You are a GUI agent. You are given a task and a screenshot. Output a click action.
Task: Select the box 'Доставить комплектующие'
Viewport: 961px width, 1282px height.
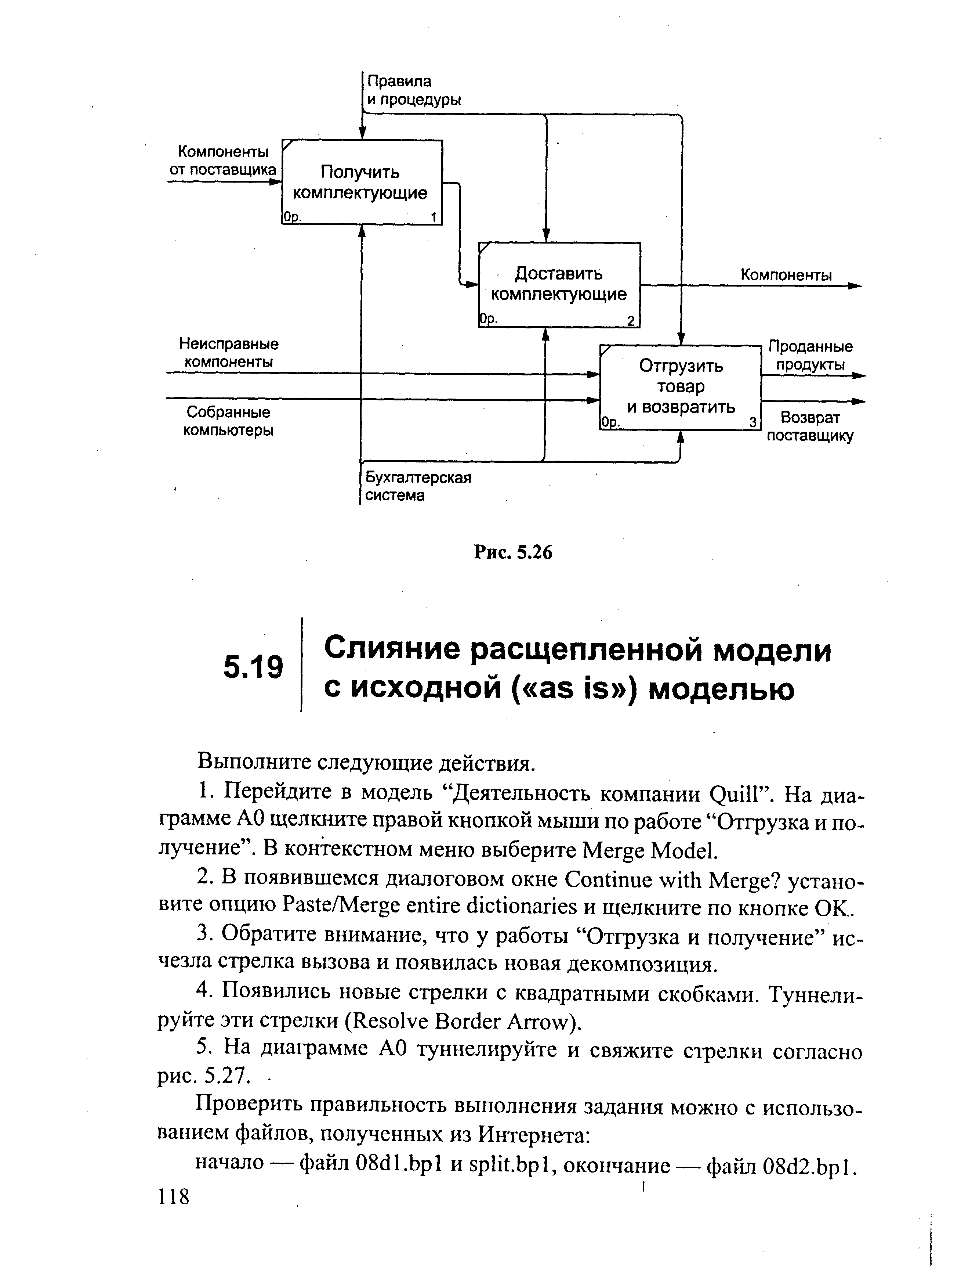(559, 284)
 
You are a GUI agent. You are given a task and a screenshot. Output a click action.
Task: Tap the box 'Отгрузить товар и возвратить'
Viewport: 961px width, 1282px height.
(680, 386)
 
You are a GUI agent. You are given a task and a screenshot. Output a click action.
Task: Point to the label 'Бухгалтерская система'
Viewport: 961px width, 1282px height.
(417, 486)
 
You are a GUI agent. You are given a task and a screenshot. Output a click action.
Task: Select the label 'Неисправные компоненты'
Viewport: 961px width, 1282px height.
(229, 353)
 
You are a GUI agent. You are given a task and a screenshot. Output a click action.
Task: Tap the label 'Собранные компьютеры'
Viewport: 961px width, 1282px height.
(228, 421)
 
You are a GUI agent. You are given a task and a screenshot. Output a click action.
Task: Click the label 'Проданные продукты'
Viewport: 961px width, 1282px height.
(810, 355)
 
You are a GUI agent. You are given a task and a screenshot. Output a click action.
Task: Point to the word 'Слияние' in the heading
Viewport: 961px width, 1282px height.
(391, 650)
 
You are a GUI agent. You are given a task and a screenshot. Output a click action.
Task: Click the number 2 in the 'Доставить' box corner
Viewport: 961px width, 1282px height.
(631, 321)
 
